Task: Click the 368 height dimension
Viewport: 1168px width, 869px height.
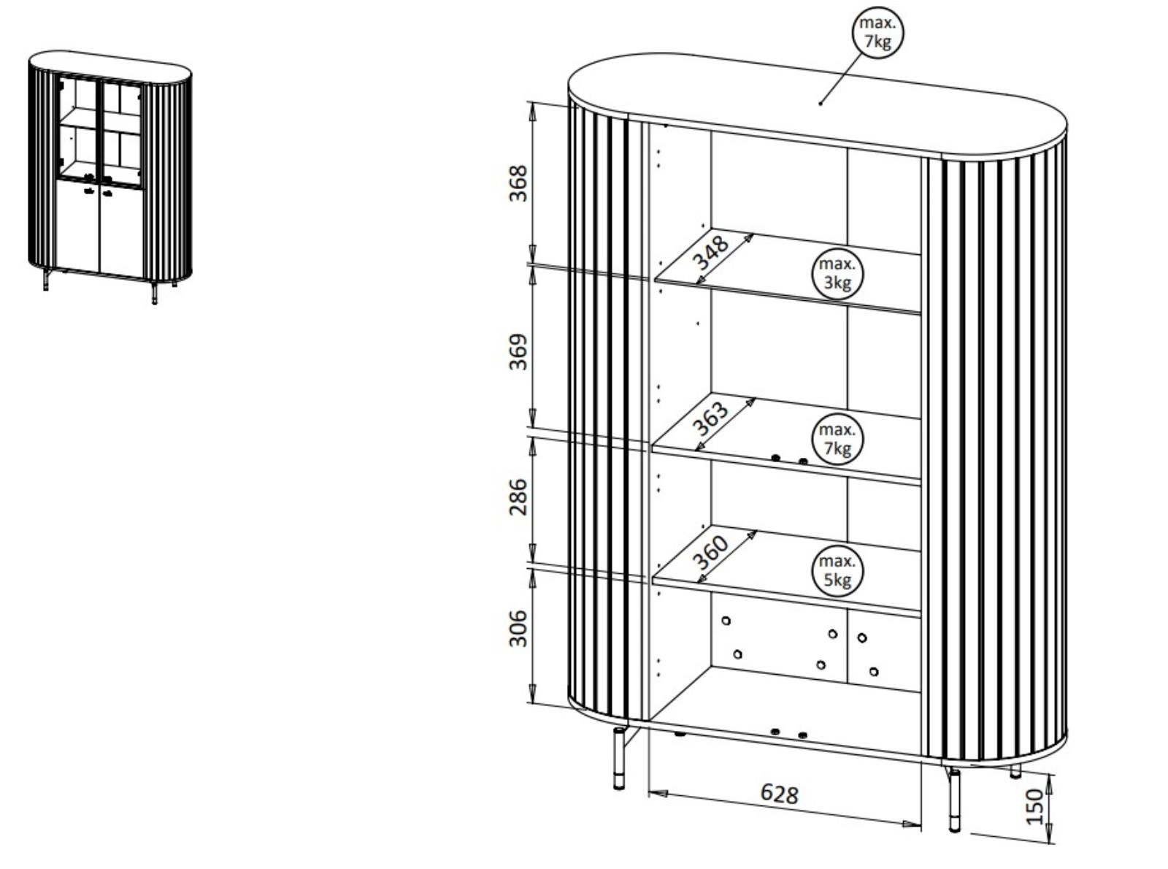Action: coord(518,184)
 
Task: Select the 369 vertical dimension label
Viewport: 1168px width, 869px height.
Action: coord(518,352)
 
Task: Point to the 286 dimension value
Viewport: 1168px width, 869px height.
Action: coord(518,497)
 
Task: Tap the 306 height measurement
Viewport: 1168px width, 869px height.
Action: coord(518,628)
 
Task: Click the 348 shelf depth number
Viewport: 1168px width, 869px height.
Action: coord(710,253)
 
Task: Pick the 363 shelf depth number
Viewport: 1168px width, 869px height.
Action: coord(710,418)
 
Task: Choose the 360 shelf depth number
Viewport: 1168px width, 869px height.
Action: coord(710,553)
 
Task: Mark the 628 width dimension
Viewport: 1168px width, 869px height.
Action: coord(780,793)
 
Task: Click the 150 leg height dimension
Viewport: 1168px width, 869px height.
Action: coord(1036,806)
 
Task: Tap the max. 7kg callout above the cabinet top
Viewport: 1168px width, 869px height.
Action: coord(877,33)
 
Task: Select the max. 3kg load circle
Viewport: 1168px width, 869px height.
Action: coord(837,274)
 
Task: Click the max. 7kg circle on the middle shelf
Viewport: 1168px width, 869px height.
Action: coord(837,439)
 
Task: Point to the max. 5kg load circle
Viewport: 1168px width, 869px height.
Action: coord(837,571)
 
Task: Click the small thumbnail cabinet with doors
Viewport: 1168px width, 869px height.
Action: coord(109,172)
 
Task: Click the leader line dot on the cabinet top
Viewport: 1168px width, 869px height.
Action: coord(821,104)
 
